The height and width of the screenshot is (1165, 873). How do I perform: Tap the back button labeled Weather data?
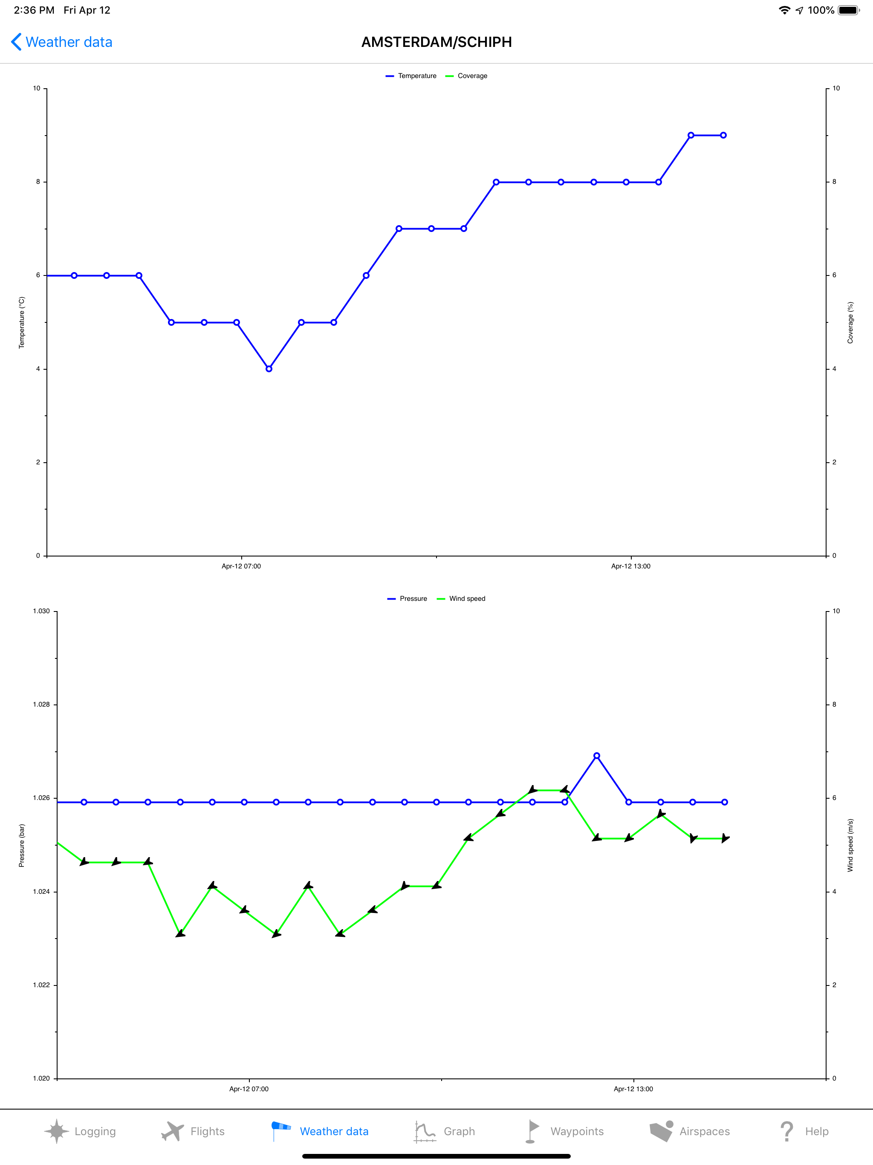click(x=62, y=42)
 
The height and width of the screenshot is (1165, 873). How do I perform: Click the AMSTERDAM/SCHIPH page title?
click(x=436, y=42)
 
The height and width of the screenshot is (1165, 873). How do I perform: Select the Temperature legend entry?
click(x=411, y=76)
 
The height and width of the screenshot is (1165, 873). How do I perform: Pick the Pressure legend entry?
click(x=408, y=599)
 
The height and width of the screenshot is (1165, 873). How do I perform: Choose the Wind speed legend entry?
click(x=461, y=599)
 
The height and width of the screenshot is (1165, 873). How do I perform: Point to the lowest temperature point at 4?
click(x=269, y=369)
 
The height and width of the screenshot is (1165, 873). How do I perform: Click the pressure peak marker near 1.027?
click(x=597, y=756)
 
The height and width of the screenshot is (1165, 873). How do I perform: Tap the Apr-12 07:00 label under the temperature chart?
click(x=241, y=566)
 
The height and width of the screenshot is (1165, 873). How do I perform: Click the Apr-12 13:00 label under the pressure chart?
click(x=633, y=1089)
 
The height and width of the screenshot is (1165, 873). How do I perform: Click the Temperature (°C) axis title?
click(x=22, y=322)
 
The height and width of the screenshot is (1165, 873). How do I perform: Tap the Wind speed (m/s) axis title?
click(x=850, y=845)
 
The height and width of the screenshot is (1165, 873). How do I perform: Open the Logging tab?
click(x=80, y=1131)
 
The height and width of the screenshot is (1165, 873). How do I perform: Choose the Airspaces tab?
click(x=689, y=1131)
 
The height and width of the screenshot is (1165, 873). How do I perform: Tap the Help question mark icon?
click(x=786, y=1131)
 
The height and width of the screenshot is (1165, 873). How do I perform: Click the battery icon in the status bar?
click(x=848, y=10)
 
